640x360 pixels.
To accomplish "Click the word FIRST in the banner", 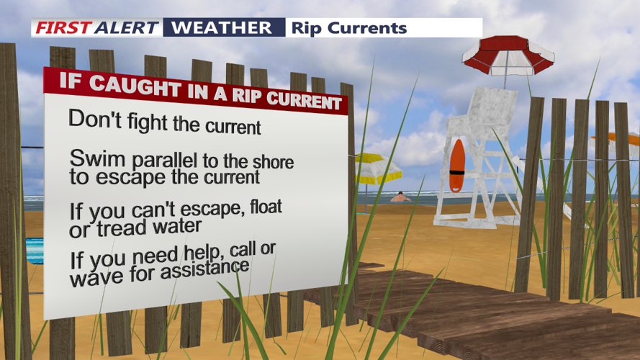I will pyautogui.click(x=62, y=28).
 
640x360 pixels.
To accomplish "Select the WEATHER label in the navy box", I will pyautogui.click(x=223, y=28).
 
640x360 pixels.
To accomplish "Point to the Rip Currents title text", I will pyautogui.click(x=348, y=28).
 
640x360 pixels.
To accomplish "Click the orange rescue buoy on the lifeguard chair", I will pyautogui.click(x=456, y=166).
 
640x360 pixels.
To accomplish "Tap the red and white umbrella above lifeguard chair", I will pyautogui.click(x=508, y=54).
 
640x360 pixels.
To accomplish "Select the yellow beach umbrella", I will pyautogui.click(x=377, y=167).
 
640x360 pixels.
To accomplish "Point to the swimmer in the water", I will pyautogui.click(x=400, y=197).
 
